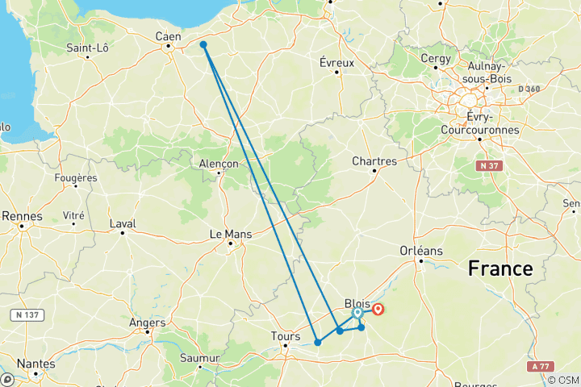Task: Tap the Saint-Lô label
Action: click(88, 48)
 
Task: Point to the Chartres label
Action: click(374, 161)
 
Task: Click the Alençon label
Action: click(219, 163)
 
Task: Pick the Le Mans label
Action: click(231, 234)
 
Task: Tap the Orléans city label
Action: click(422, 251)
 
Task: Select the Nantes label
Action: click(35, 364)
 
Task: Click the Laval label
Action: click(123, 223)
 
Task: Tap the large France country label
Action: click(500, 269)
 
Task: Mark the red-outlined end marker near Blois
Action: click(378, 309)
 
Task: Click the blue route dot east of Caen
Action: click(203, 45)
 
